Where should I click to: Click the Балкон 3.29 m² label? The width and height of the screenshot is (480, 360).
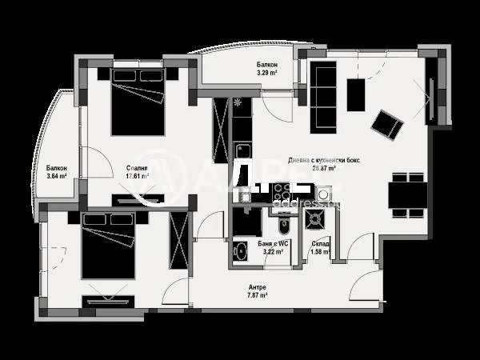267,68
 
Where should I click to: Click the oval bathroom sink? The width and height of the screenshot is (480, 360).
240,251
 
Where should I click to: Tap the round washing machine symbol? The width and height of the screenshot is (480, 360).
323,193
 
